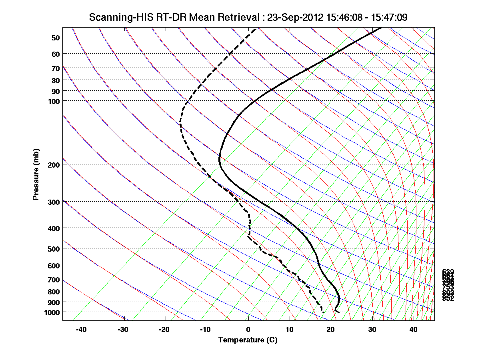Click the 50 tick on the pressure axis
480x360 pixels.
[56, 38]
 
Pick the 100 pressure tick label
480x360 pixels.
[54, 101]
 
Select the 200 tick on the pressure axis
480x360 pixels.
[54, 165]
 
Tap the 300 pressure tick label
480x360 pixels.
[54, 202]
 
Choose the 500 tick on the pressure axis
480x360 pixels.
[54, 249]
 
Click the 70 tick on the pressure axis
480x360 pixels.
[56, 68]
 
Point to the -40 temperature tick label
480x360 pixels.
[82, 330]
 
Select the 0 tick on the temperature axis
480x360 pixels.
[248, 330]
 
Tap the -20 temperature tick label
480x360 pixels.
[164, 330]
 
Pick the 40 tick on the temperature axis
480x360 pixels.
[414, 330]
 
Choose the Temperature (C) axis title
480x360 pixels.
[248, 340]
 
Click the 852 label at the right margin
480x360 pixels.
[448, 298]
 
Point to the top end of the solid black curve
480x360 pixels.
[381, 28]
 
